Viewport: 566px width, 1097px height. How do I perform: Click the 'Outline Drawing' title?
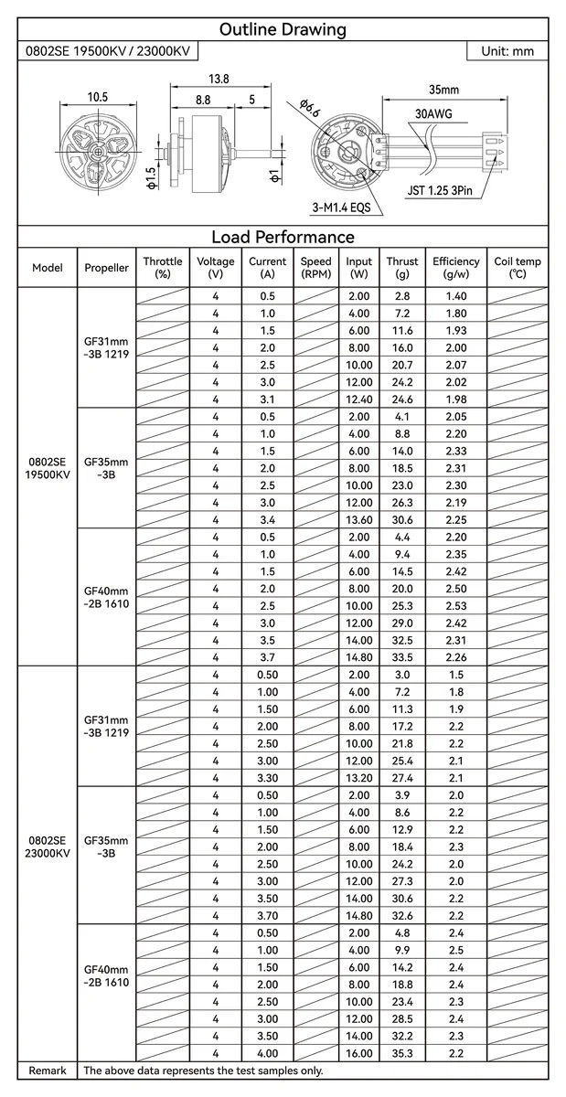coord(283,29)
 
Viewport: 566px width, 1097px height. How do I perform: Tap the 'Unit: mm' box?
coord(507,51)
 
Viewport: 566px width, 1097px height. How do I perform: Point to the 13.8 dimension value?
coord(219,80)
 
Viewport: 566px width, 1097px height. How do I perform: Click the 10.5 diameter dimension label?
coord(98,97)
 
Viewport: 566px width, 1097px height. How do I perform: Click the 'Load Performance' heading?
coord(283,237)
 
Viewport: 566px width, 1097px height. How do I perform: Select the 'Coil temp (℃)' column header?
coord(518,267)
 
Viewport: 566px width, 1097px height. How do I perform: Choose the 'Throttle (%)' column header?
coord(163,267)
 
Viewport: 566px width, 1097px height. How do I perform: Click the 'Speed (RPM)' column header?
coord(315,267)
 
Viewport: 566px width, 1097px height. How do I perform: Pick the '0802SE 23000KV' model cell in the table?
coord(48,847)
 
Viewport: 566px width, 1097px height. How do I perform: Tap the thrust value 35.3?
coord(402,1053)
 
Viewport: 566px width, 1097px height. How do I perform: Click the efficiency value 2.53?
coord(456,606)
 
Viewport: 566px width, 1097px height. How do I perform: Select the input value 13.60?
coord(359,519)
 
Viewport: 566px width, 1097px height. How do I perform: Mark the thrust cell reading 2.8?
coord(402,296)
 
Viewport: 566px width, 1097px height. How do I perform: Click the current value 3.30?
coord(268,778)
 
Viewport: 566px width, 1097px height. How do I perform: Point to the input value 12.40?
coord(359,399)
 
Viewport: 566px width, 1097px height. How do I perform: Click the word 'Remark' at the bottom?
coord(48,1070)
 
